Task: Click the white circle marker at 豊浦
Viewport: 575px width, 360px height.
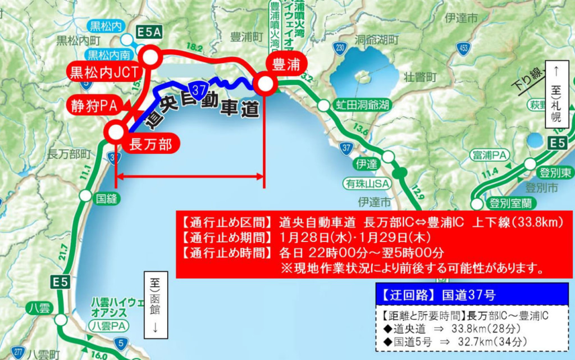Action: coord(264,84)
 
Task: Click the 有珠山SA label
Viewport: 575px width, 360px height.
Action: coord(367,184)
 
